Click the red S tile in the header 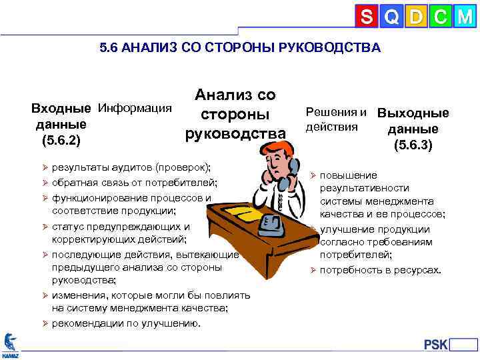366,17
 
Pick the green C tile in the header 440,17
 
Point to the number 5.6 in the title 107,48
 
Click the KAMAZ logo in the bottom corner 10,345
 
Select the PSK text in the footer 436,344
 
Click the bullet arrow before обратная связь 45,182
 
